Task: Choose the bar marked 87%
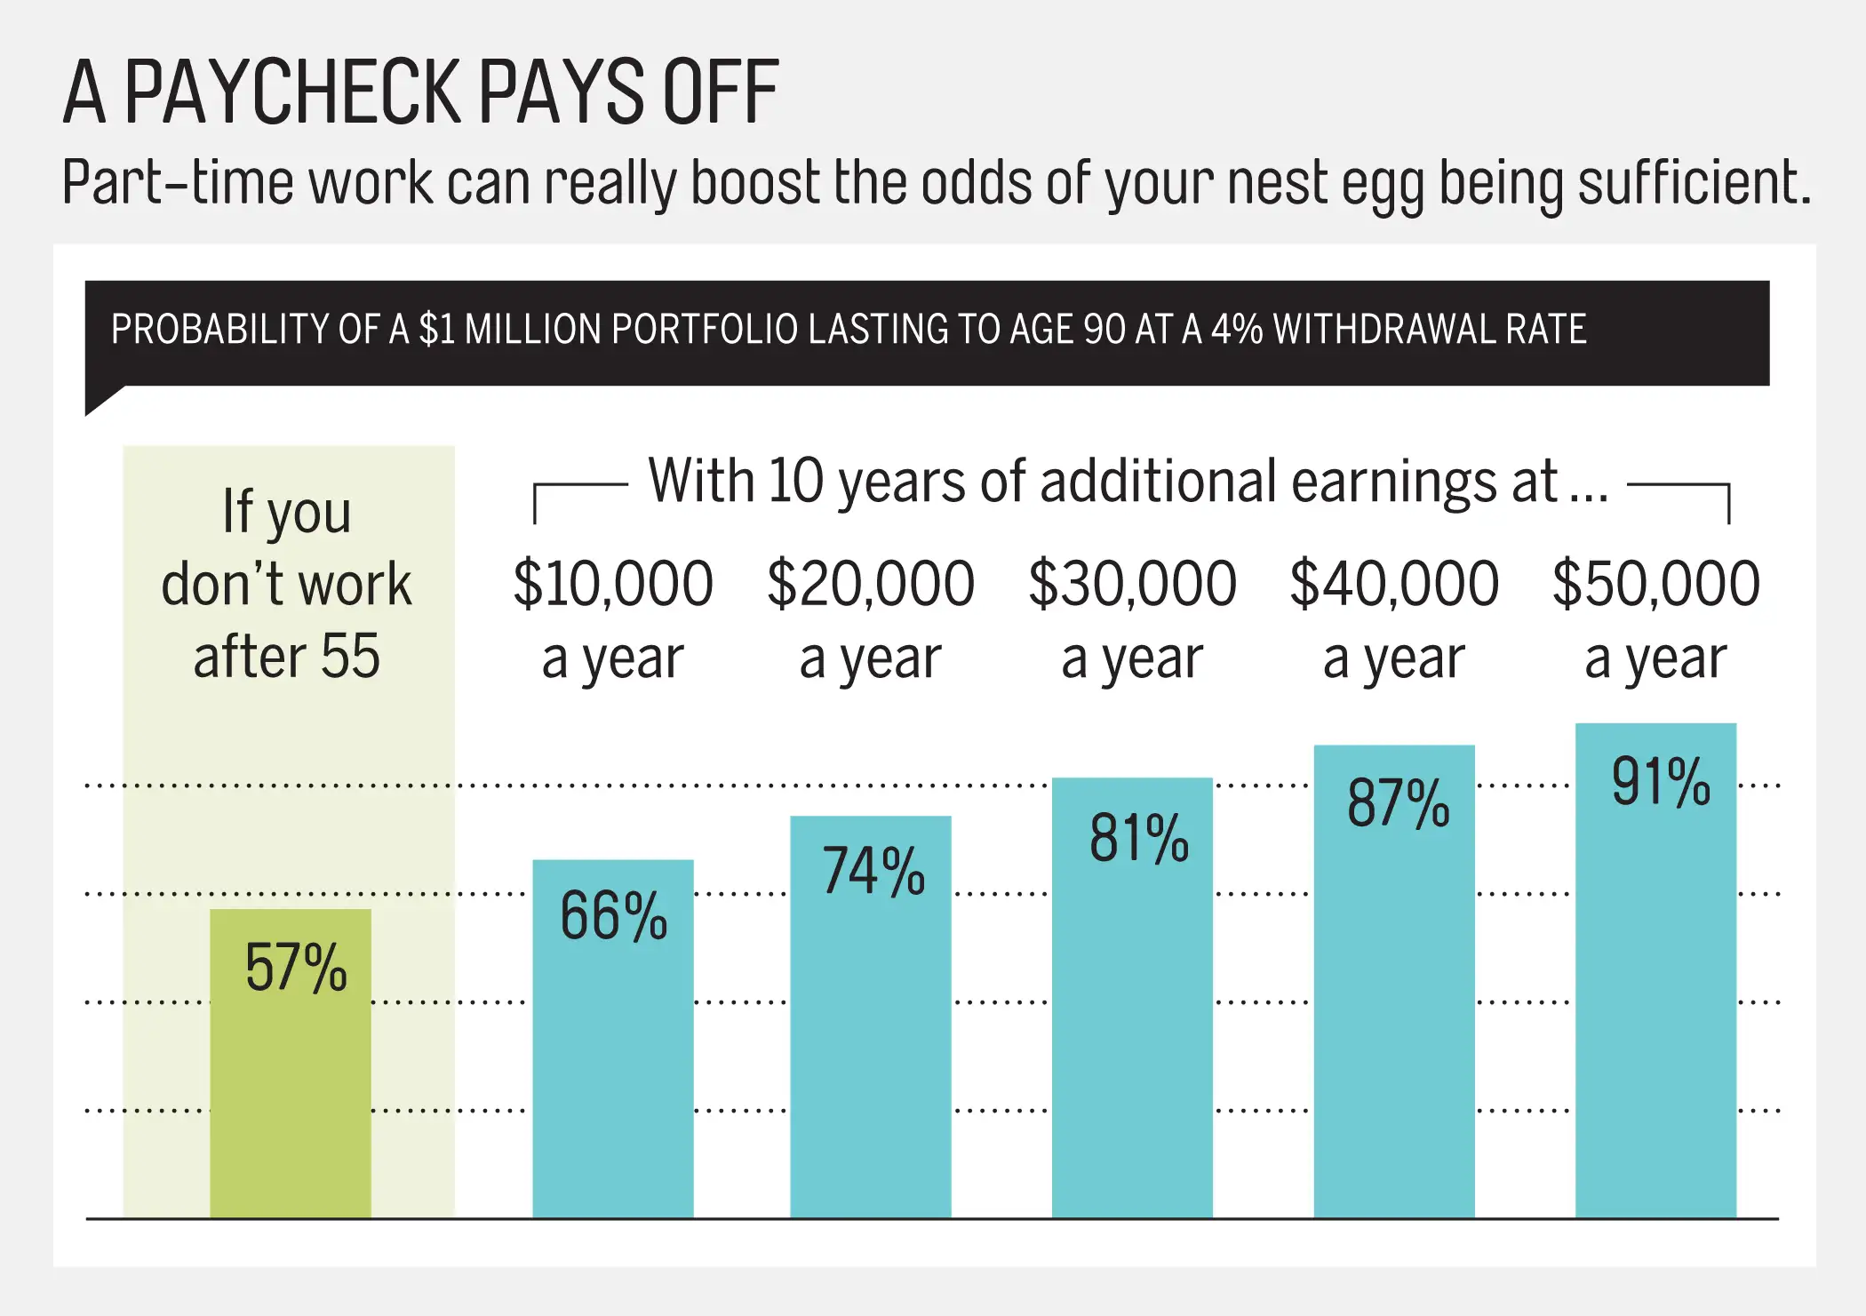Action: (1394, 981)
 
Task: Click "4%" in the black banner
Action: (1237, 330)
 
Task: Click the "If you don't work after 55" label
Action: (287, 584)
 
